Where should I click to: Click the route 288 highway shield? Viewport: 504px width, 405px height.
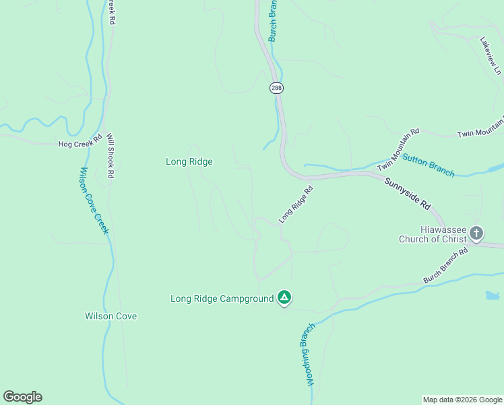(x=276, y=88)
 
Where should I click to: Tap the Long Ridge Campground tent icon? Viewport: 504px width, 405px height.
(x=284, y=298)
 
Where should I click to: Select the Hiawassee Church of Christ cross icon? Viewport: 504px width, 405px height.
(x=476, y=234)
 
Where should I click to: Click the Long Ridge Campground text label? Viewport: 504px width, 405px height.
(x=222, y=298)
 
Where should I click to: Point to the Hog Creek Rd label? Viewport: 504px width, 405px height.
(x=80, y=144)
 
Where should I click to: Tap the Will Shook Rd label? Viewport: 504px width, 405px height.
(x=111, y=155)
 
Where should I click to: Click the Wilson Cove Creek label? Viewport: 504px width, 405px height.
(x=94, y=200)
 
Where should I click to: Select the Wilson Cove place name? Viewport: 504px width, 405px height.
(x=111, y=316)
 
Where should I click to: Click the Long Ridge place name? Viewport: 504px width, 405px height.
(x=189, y=161)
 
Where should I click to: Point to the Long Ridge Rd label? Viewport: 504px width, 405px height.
(x=297, y=205)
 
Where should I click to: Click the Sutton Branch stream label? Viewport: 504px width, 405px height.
(x=428, y=165)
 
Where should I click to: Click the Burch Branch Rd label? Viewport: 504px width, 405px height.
(x=445, y=265)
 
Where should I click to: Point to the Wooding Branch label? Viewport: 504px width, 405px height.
(x=307, y=354)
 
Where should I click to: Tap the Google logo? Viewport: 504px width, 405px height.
(x=22, y=397)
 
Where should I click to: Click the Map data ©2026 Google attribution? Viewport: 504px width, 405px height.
(x=462, y=400)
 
